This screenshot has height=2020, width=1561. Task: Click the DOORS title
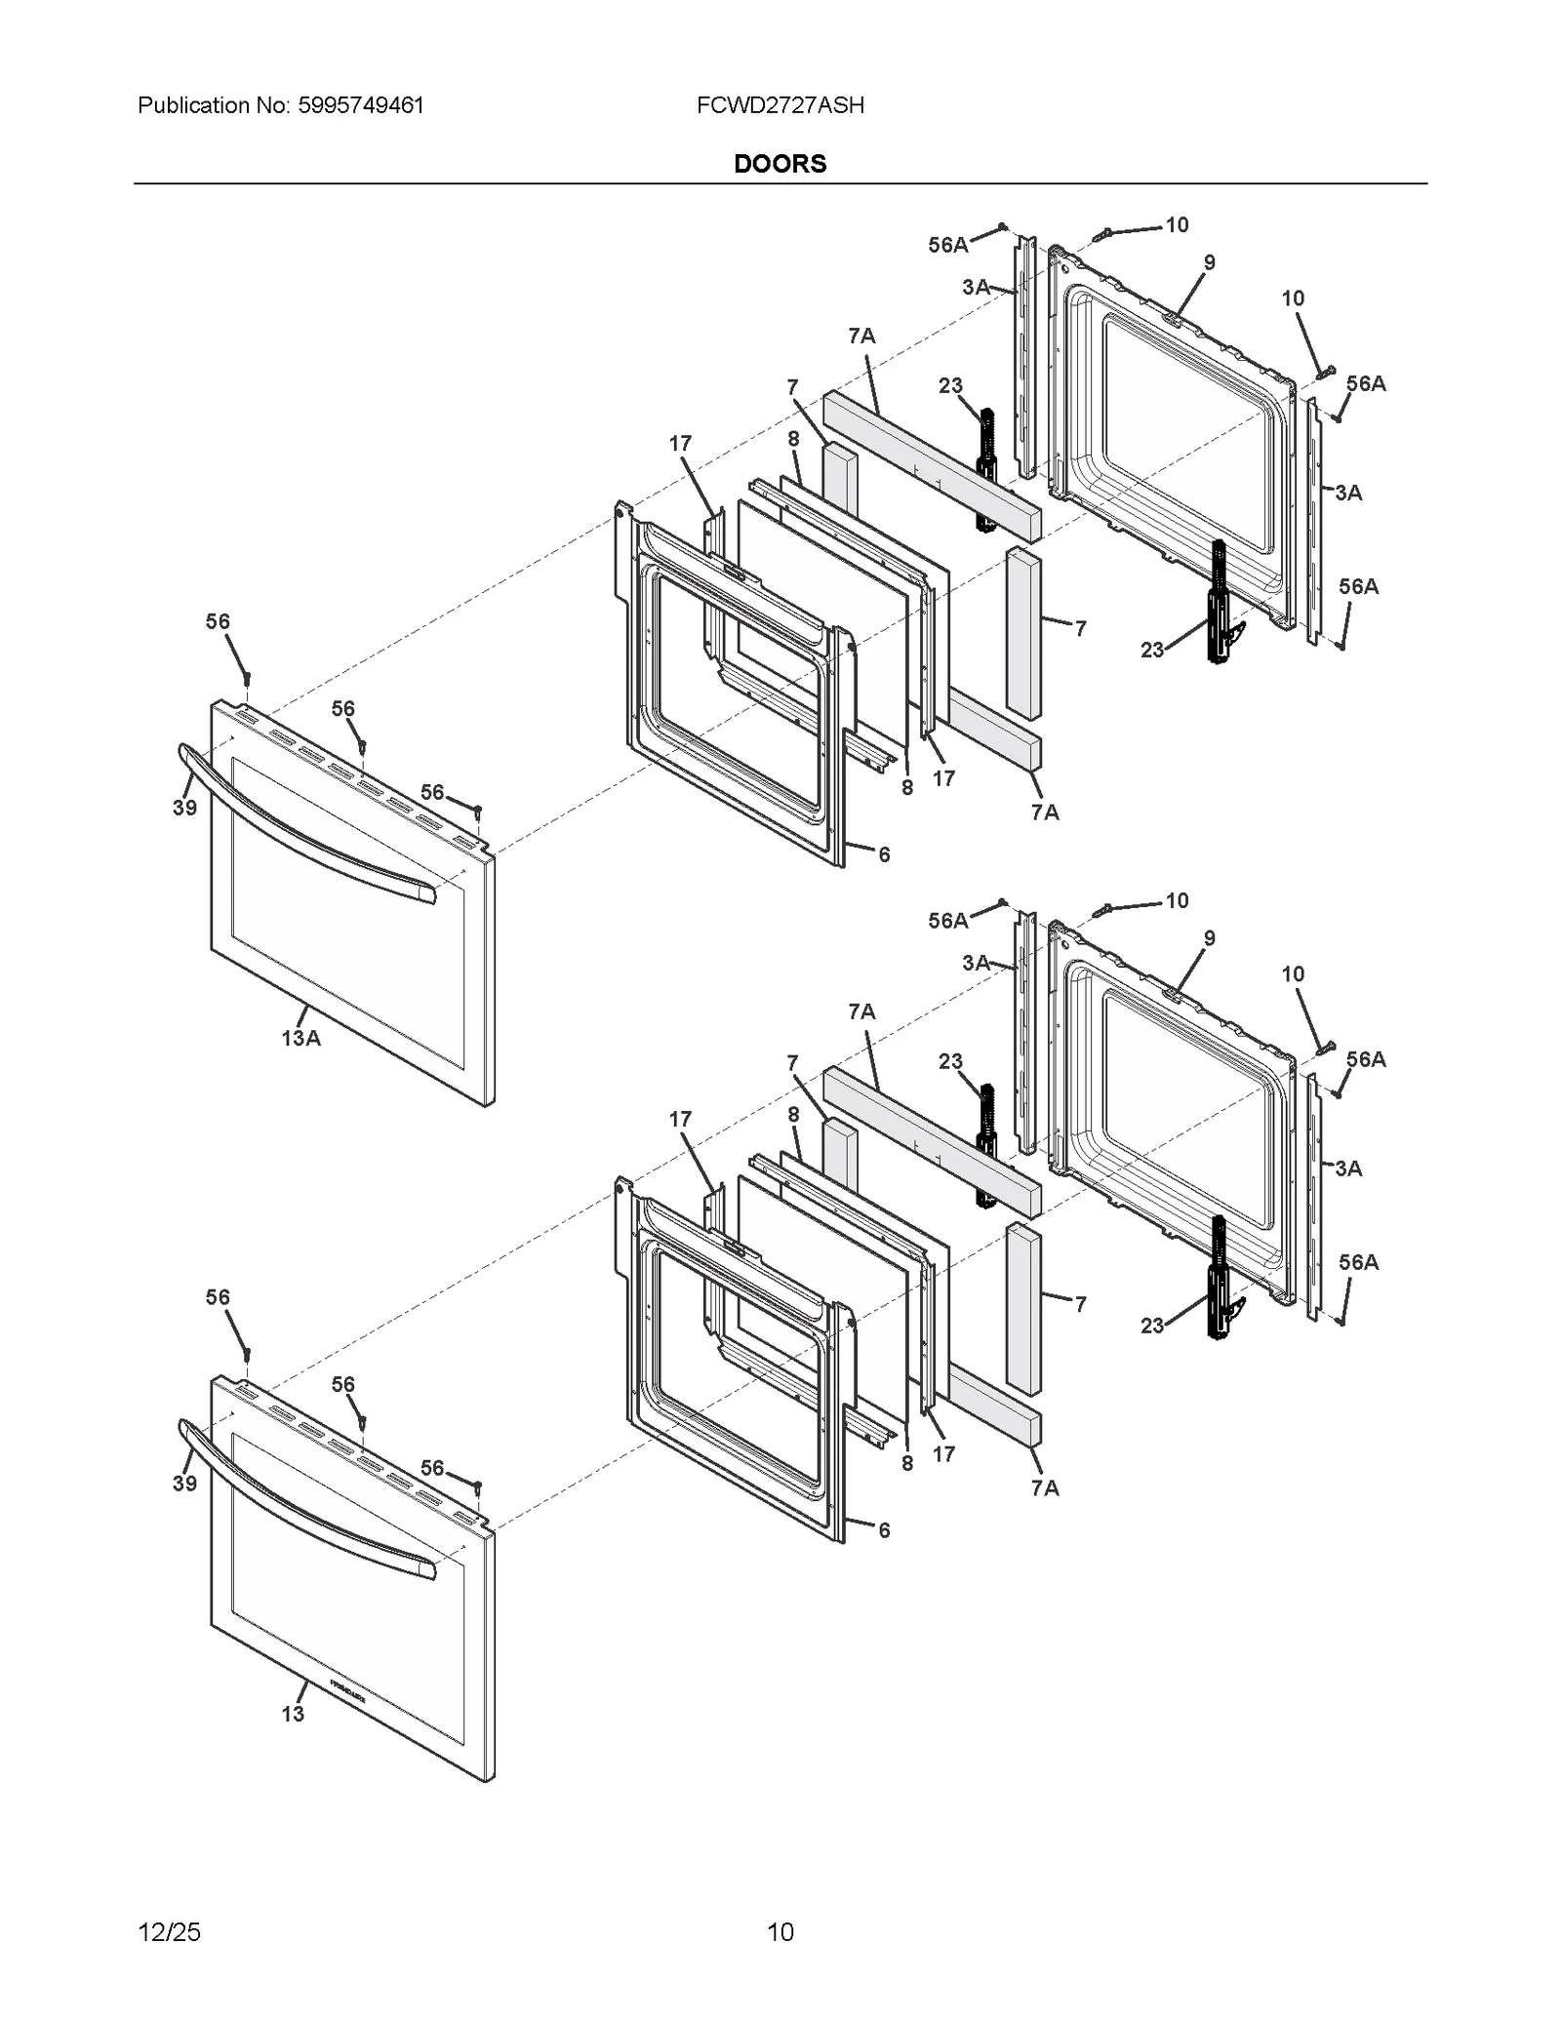[780, 164]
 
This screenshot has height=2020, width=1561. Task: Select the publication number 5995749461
[358, 105]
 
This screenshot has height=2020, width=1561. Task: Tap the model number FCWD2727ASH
[780, 105]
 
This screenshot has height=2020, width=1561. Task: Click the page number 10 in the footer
[780, 1931]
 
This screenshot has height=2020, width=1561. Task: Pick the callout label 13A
[300, 1039]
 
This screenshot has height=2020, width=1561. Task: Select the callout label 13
[293, 1714]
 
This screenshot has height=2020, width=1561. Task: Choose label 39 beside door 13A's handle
[184, 808]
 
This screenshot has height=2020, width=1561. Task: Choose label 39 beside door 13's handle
[184, 1484]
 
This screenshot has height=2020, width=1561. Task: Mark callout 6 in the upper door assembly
[884, 855]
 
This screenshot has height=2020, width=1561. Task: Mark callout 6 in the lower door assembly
[884, 1530]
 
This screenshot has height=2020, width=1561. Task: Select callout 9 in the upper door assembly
[1210, 262]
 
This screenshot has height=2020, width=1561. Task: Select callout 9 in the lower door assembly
[1210, 938]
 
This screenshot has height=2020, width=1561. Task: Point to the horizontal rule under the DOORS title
[780, 183]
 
